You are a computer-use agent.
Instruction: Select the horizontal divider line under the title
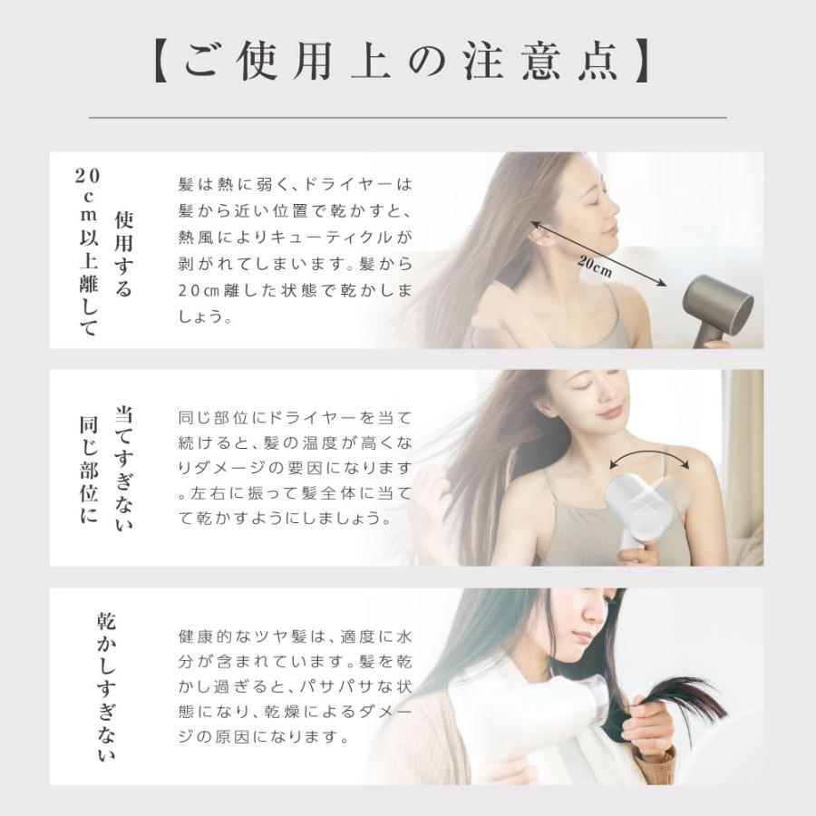(408, 118)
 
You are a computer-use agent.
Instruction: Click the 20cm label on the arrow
(595, 266)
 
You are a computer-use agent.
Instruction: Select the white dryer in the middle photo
(639, 508)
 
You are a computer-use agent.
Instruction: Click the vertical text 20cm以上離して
(88, 251)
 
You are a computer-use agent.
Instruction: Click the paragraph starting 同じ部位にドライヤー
(295, 469)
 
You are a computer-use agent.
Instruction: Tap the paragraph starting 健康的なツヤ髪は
(295, 685)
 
